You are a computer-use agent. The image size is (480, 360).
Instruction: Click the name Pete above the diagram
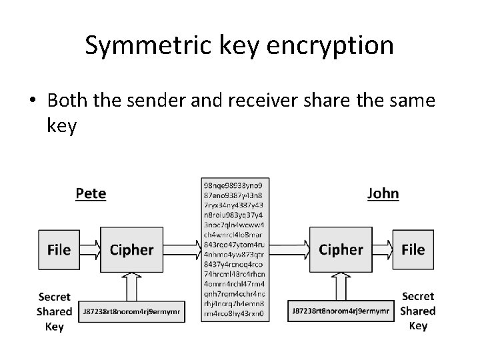pyautogui.click(x=91, y=193)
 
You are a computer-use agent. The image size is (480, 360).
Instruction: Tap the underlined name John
pyautogui.click(x=383, y=193)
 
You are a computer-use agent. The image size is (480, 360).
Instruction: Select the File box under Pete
pyautogui.click(x=59, y=250)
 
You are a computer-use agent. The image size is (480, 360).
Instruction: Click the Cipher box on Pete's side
pyautogui.click(x=131, y=250)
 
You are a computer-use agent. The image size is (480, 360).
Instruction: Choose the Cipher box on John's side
pyautogui.click(x=341, y=250)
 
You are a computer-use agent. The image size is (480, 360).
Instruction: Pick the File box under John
pyautogui.click(x=413, y=250)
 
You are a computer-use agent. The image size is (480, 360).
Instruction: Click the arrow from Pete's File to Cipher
pyautogui.click(x=89, y=250)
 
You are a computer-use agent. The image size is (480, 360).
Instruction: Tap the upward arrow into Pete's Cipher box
pyautogui.click(x=131, y=287)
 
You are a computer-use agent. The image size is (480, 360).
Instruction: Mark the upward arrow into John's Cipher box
pyautogui.click(x=341, y=287)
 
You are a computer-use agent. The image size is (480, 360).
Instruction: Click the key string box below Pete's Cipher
pyautogui.click(x=131, y=311)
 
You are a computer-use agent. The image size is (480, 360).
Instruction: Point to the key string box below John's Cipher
pyautogui.click(x=341, y=311)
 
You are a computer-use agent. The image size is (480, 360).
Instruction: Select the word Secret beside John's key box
pyautogui.click(x=417, y=296)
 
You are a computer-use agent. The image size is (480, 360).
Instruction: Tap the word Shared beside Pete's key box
pyautogui.click(x=55, y=311)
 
